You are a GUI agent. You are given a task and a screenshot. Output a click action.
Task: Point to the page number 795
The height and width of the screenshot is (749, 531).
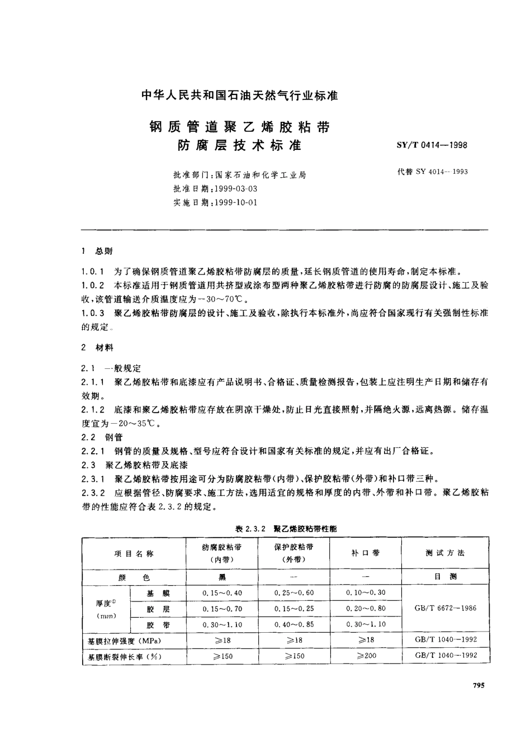pyautogui.click(x=479, y=686)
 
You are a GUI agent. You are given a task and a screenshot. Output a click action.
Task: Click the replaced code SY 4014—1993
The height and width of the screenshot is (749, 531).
pyautogui.click(x=432, y=172)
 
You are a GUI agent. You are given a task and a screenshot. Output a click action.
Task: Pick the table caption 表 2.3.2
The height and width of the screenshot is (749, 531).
pyautogui.click(x=246, y=528)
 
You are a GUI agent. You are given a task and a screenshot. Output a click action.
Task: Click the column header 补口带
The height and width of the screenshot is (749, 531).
pyautogui.click(x=366, y=553)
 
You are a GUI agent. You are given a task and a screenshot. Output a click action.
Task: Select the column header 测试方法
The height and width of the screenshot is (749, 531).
pyautogui.click(x=445, y=553)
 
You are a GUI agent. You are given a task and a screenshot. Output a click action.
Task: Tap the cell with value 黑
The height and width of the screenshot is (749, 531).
pyautogui.click(x=222, y=577)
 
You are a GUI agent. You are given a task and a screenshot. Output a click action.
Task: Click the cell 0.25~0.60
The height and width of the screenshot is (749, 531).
pyautogui.click(x=294, y=592)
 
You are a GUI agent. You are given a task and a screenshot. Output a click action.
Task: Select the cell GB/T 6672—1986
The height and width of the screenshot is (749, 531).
pyautogui.click(x=445, y=608)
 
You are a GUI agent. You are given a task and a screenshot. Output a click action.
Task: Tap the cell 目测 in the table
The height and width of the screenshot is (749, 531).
pyautogui.click(x=445, y=577)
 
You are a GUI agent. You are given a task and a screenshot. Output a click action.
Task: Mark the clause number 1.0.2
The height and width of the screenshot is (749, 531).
pyautogui.click(x=93, y=285)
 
